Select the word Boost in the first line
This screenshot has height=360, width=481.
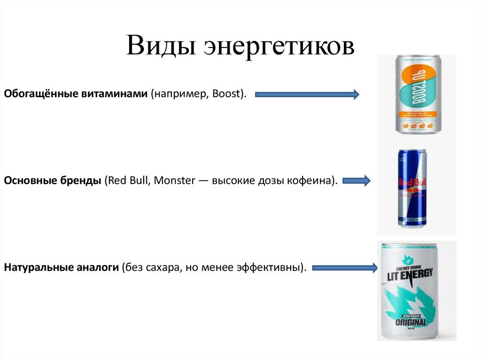pyautogui.click(x=226, y=94)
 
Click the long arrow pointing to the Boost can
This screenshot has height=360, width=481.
pyautogui.click(x=307, y=95)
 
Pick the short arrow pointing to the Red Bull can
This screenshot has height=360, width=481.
pyautogui.click(x=358, y=180)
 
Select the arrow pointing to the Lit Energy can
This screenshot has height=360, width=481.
pyautogui.click(x=345, y=268)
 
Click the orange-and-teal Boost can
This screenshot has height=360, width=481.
pyautogui.click(x=418, y=94)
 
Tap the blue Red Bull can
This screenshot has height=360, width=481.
pyautogui.click(x=412, y=188)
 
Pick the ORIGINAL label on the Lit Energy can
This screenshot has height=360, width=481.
pyautogui.click(x=411, y=322)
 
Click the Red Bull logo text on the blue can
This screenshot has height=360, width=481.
pyautogui.click(x=411, y=183)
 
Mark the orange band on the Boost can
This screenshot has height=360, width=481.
pyautogui.click(x=418, y=115)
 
